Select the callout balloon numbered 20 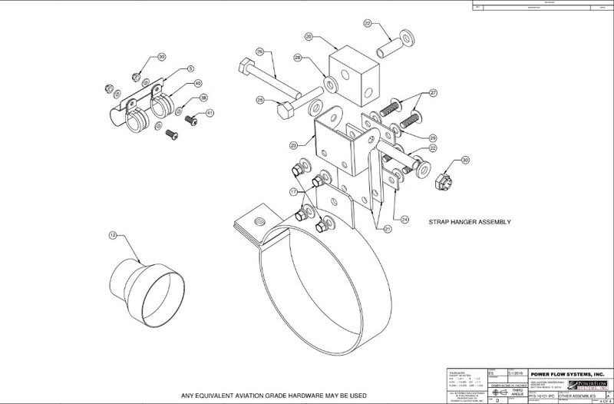pos(309,36)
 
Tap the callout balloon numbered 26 pos(259,52)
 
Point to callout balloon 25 pos(260,100)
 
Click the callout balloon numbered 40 pos(198,83)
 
